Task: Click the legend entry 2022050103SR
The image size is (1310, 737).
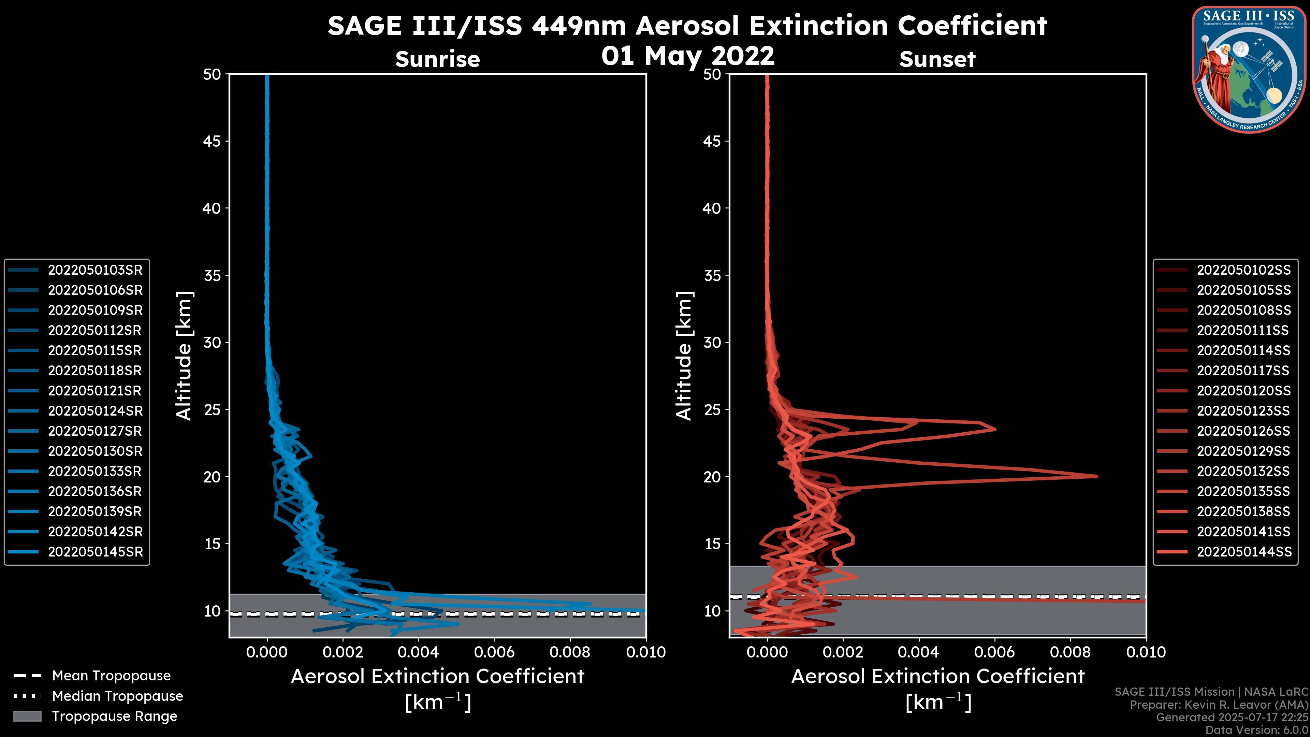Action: [95, 270]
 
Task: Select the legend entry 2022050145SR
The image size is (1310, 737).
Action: [95, 552]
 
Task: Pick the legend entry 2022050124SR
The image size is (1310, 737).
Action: [95, 411]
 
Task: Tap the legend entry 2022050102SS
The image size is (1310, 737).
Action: [1243, 270]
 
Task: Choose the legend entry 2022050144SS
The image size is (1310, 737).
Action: [1243, 552]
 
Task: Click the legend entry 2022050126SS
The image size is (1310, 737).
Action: [1243, 431]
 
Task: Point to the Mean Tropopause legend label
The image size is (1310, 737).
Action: [111, 676]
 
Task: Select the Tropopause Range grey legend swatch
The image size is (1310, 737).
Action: [27, 717]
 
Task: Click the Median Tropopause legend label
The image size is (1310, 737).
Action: [117, 696]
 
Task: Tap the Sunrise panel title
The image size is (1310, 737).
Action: [437, 59]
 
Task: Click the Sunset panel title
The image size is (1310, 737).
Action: [937, 59]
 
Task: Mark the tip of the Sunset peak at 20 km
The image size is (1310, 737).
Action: [1096, 477]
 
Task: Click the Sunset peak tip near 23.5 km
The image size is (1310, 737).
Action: [995, 429]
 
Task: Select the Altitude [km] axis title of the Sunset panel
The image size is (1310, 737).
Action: [684, 356]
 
